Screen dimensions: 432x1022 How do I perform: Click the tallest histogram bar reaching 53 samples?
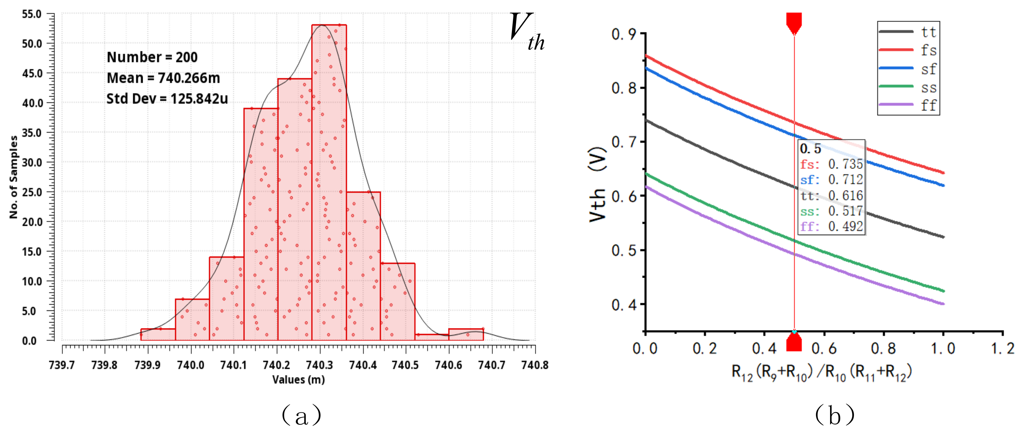[x=329, y=183]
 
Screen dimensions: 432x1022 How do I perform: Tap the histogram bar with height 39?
[x=261, y=224]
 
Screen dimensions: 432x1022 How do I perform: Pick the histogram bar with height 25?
[x=363, y=266]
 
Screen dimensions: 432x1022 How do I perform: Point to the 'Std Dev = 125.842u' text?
[x=167, y=98]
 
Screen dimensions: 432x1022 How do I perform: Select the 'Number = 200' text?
[x=152, y=57]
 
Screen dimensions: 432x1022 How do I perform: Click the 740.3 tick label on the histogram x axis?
[x=320, y=365]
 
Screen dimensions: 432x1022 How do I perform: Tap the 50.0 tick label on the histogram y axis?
[x=32, y=44]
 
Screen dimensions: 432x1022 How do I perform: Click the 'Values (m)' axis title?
[x=298, y=380]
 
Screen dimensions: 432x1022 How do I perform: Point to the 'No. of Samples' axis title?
[x=14, y=177]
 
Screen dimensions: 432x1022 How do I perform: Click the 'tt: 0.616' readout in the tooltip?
[x=832, y=195]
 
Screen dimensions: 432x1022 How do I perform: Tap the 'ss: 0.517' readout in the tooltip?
[x=832, y=211]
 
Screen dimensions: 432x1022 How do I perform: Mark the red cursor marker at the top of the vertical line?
[x=794, y=23]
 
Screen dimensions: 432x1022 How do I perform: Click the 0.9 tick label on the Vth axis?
[x=624, y=34]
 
